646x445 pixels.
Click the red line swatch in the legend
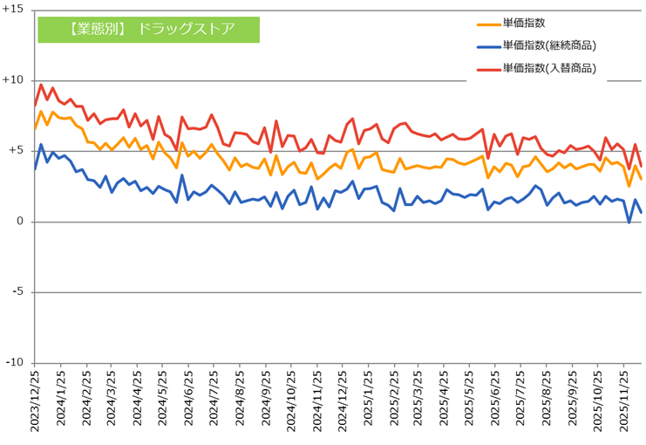pos(488,69)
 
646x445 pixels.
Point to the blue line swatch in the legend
pos(488,46)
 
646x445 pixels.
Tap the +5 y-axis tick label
pos(16,150)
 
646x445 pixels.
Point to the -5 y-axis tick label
pos(17,292)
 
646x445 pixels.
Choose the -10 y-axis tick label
pos(15,363)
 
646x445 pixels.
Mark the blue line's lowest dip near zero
pos(629,223)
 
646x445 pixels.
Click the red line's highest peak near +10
pos(41,85)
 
